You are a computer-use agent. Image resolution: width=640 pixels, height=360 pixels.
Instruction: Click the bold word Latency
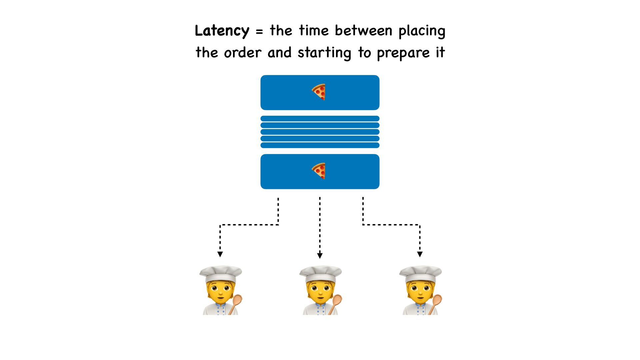coord(222,31)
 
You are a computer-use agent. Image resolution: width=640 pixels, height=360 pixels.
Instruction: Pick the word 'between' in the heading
coord(364,31)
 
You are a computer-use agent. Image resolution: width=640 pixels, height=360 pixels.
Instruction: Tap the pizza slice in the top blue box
coord(319,92)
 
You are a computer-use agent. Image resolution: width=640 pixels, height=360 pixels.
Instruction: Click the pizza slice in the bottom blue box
coord(319,171)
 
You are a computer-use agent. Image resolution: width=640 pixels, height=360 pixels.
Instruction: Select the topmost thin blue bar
coord(320,119)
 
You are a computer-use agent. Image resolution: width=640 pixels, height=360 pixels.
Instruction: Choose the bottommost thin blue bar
coord(320,145)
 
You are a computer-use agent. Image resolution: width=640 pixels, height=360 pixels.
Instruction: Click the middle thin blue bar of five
coord(320,132)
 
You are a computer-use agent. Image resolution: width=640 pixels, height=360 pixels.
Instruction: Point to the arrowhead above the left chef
coord(220,254)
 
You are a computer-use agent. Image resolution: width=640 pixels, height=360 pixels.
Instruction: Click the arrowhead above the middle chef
coord(320,256)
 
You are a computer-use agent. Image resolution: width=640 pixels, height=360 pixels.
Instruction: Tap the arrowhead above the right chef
coord(420,254)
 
